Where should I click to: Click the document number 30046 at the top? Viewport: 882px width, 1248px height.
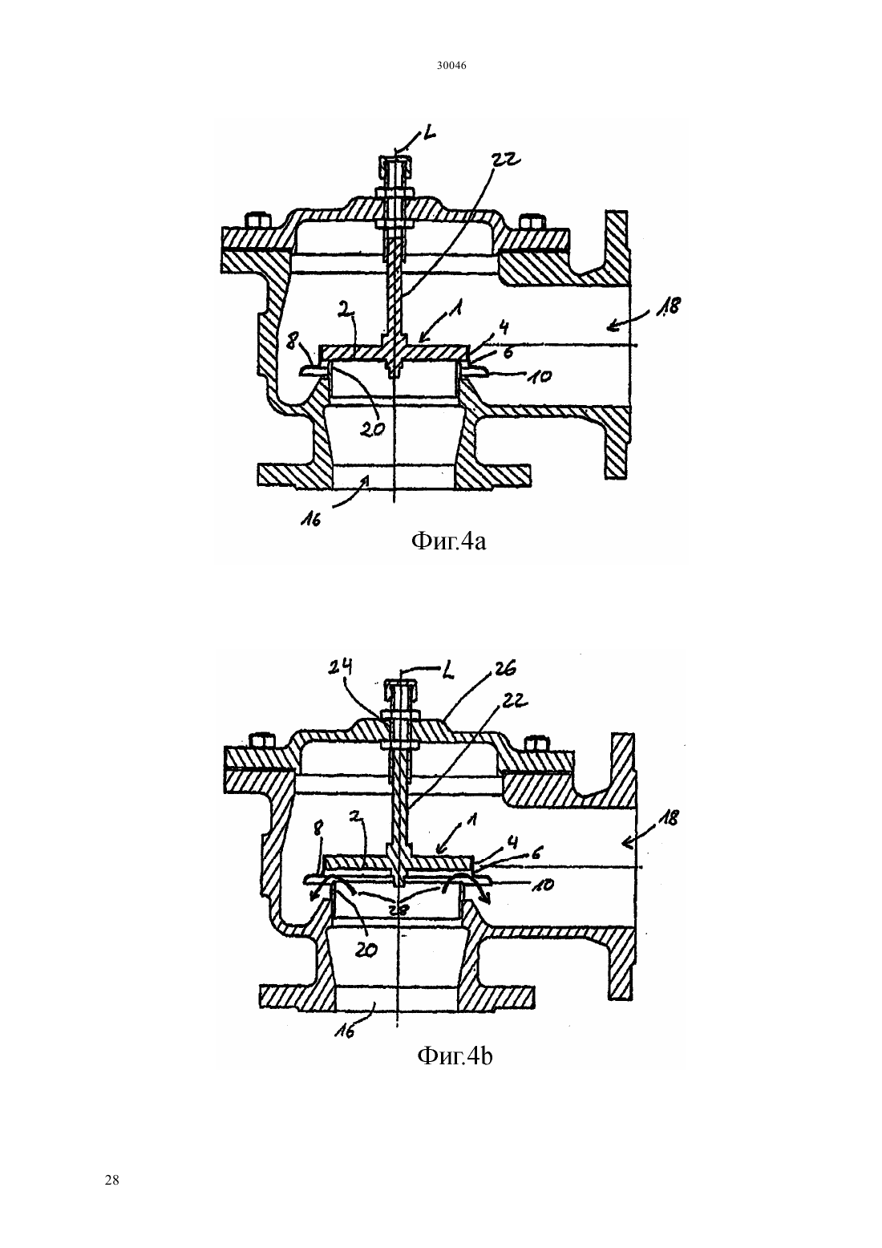tap(451, 66)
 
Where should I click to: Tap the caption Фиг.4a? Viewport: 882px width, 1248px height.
tap(448, 541)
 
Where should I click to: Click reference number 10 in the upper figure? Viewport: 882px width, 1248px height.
tap(540, 377)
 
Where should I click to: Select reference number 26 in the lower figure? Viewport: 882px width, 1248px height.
tap(502, 668)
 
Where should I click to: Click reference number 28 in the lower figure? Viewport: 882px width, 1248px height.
tap(399, 909)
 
